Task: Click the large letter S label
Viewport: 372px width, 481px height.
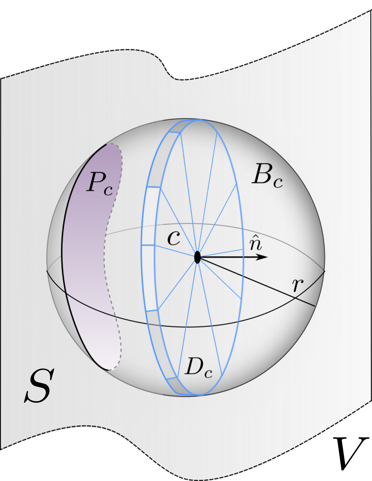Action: [x=40, y=385]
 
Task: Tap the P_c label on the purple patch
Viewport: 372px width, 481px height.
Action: [x=99, y=183]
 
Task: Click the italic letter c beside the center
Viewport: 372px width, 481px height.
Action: [x=174, y=238]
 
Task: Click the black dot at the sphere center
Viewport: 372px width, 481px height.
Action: [x=197, y=257]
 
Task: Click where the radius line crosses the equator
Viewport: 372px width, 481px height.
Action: [x=295, y=298]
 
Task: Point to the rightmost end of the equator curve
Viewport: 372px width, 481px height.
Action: [x=325, y=271]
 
